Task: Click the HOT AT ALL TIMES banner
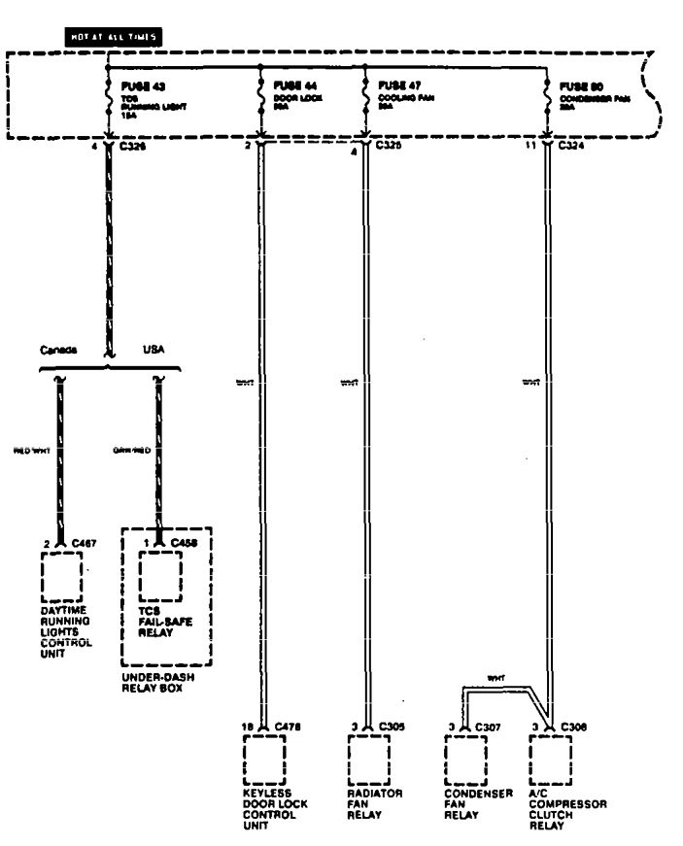coord(112,36)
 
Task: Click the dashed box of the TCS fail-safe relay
coord(159,578)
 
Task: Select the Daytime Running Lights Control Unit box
coord(61,578)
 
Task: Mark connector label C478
coord(289,726)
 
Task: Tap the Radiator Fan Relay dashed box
coord(367,761)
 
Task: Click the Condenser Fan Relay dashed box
coord(464,761)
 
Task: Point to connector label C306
coord(573,726)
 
